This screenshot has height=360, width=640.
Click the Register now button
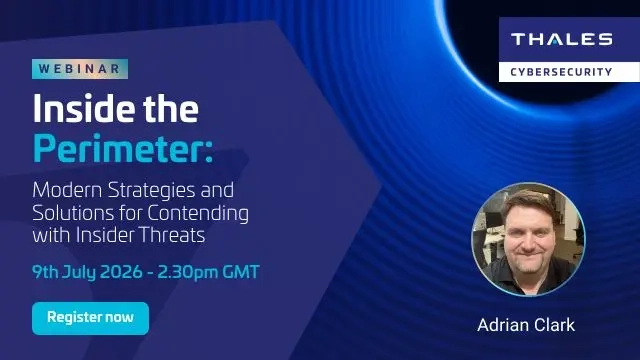tap(90, 318)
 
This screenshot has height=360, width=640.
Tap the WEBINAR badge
tap(80, 69)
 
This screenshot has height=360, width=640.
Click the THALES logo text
tap(561, 40)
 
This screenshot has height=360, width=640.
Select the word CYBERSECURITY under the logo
tap(561, 71)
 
